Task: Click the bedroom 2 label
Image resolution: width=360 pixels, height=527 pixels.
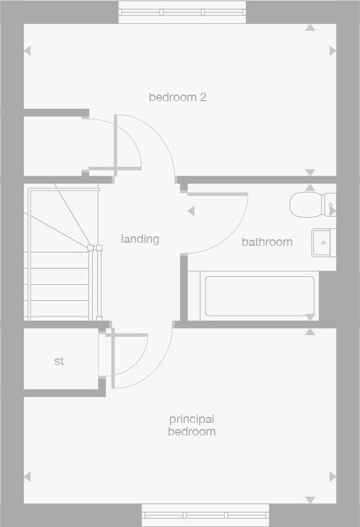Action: tap(178, 97)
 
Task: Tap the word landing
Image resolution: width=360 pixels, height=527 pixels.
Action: tap(140, 239)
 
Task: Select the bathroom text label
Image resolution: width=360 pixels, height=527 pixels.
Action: tap(267, 242)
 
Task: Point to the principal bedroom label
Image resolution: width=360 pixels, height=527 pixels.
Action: tap(191, 425)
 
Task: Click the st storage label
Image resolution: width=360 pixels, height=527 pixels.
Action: tap(59, 361)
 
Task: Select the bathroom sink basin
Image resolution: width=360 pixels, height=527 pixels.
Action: tap(324, 242)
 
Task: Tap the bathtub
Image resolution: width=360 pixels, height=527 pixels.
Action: tap(260, 296)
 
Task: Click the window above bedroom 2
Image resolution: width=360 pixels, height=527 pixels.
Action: tap(182, 12)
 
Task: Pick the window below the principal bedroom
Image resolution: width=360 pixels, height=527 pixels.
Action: tap(205, 515)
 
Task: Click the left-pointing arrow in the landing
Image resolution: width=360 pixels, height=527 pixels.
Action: tap(191, 211)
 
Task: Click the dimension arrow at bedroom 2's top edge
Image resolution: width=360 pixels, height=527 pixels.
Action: tap(310, 28)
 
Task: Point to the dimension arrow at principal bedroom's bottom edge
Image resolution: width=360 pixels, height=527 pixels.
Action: tap(310, 499)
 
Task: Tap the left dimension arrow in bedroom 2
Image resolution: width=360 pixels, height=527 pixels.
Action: tap(27, 51)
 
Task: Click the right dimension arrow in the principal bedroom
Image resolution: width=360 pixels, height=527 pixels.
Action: tap(332, 477)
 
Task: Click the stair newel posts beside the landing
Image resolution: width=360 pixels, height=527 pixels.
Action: tap(95, 248)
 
